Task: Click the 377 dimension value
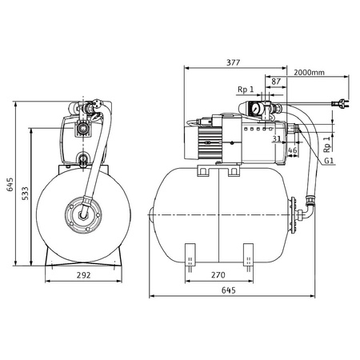234,62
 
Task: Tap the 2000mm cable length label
309,72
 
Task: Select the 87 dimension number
276,82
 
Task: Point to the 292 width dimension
84,275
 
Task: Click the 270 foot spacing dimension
218,274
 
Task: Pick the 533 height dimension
25,194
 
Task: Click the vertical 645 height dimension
10,184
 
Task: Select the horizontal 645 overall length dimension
229,290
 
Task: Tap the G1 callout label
329,161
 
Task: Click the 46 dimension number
293,150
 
